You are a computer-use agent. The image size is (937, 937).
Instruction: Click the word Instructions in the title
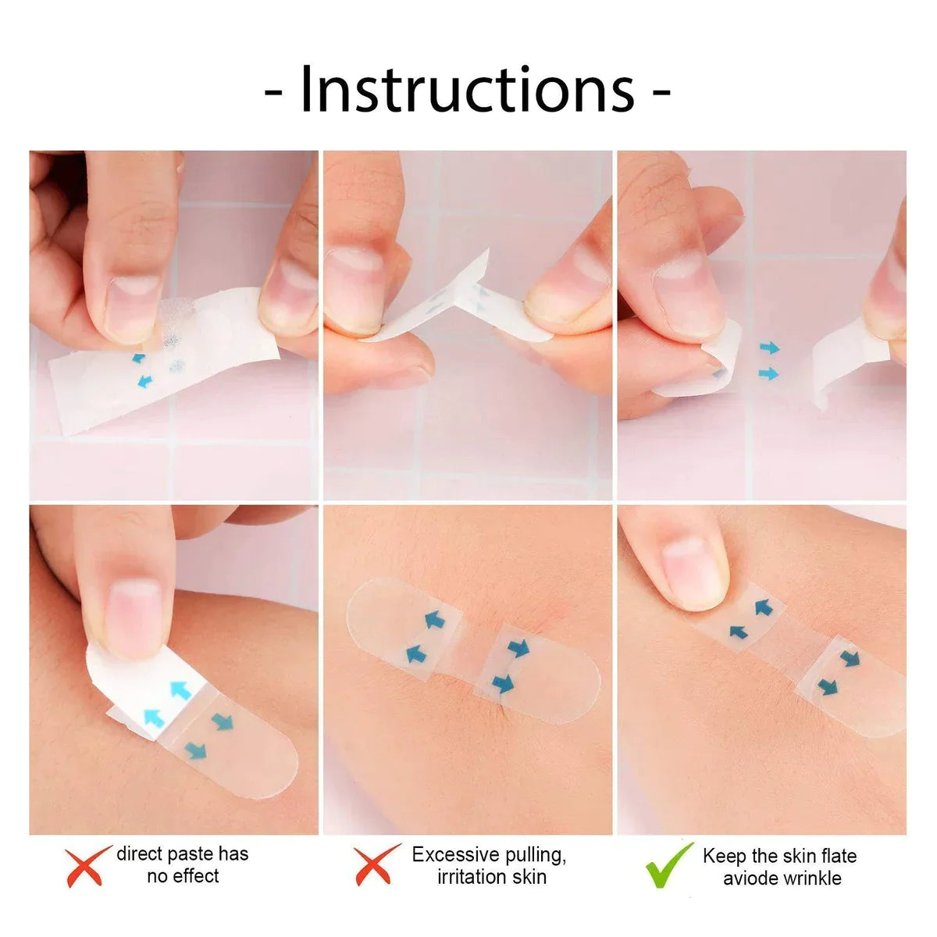(x=467, y=90)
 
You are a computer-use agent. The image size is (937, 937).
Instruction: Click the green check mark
(x=669, y=865)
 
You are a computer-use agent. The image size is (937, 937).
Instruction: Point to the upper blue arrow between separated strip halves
(x=769, y=347)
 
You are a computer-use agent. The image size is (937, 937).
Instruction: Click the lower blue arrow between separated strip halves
(x=769, y=375)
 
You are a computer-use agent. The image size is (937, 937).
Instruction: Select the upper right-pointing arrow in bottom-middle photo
(x=518, y=647)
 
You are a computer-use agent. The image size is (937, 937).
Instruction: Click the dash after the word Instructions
(x=661, y=92)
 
